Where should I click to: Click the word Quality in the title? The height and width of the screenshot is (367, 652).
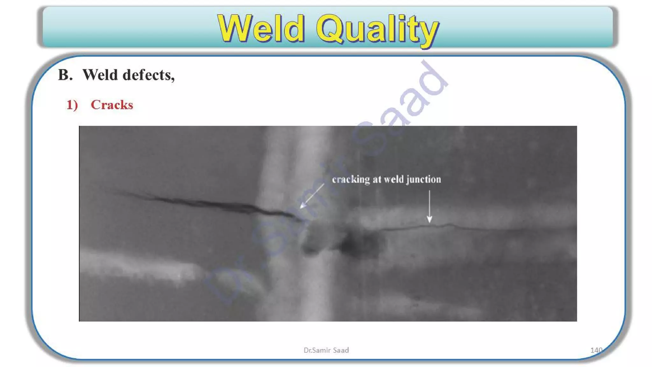tap(378, 29)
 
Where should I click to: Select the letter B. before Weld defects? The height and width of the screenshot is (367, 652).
tap(65, 75)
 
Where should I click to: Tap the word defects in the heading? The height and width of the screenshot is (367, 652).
tap(149, 76)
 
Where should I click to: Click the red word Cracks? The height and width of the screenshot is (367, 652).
tap(112, 105)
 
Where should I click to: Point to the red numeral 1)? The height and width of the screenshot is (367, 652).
tap(72, 105)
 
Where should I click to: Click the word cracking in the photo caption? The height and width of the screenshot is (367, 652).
tap(351, 179)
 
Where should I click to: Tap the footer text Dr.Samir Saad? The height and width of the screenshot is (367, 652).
tap(326, 350)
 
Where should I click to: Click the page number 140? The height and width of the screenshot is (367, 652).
tap(596, 350)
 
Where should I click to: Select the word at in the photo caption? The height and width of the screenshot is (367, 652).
tap(377, 179)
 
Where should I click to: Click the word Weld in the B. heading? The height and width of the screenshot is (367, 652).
tap(100, 75)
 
